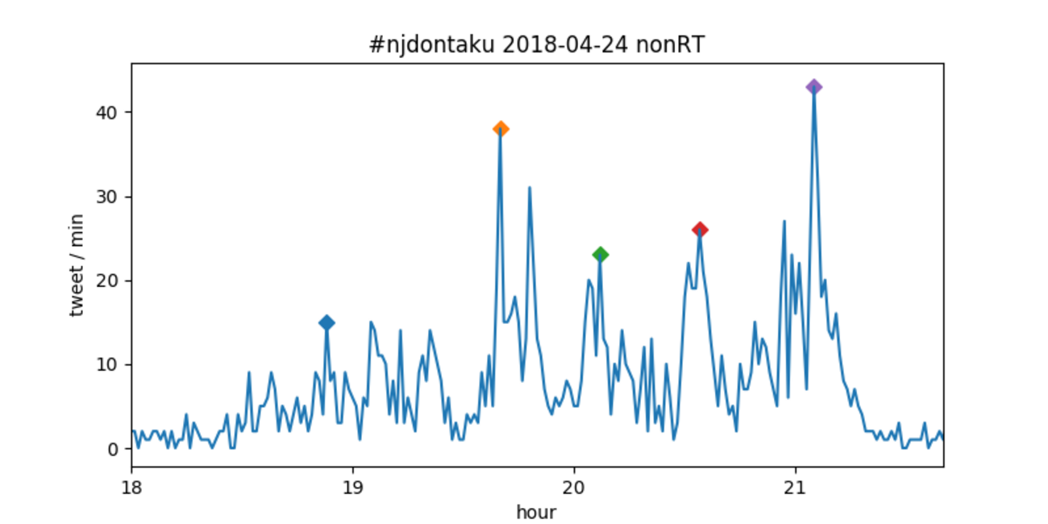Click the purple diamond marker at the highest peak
coord(814,87)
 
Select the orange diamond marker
coord(501,129)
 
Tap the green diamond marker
coord(600,255)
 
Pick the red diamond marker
coord(700,230)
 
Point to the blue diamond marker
coord(326,322)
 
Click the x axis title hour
coord(537,511)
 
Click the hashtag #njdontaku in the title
coord(431,46)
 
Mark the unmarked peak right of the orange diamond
coord(530,188)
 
